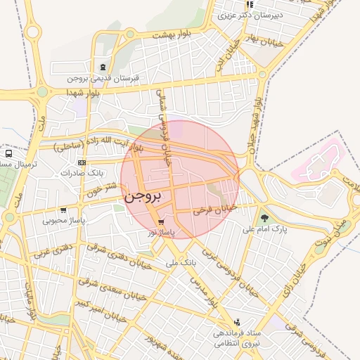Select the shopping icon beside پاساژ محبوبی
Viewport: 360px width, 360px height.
(64, 210)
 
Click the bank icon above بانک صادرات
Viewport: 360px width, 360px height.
(83, 162)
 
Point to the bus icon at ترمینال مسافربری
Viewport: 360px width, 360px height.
(8, 153)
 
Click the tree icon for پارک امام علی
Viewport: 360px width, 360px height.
(264, 218)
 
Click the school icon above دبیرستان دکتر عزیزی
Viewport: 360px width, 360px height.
(250, 4)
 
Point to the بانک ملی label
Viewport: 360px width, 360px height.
(180, 262)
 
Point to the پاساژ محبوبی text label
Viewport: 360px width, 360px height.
(64, 221)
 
